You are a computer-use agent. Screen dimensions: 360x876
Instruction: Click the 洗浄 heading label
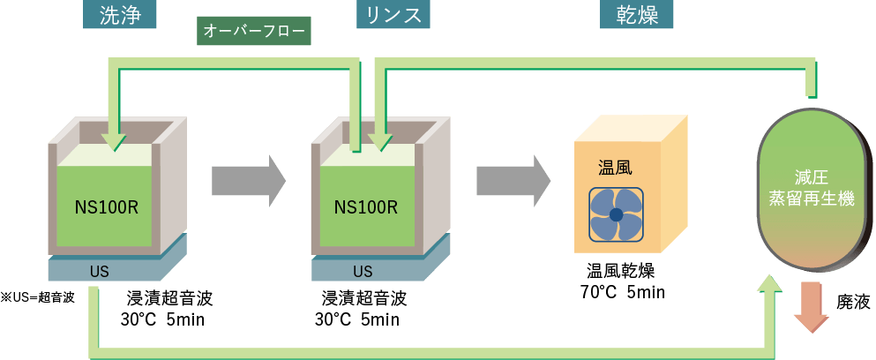pyautogui.click(x=121, y=15)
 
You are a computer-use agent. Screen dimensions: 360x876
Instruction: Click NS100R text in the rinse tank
pyautogui.click(x=365, y=207)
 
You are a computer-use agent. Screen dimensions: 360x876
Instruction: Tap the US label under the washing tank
pyautogui.click(x=99, y=271)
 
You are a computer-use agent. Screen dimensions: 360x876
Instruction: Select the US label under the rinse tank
pyautogui.click(x=363, y=271)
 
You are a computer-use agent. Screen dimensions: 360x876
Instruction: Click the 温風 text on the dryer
pyautogui.click(x=615, y=167)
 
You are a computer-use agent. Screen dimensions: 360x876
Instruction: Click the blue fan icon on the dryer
pyautogui.click(x=616, y=214)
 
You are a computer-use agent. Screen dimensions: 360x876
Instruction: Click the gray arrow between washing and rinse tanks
pyautogui.click(x=248, y=180)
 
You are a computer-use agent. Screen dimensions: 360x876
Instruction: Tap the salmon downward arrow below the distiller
pyautogui.click(x=811, y=309)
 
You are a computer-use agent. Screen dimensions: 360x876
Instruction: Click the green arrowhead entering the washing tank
pyautogui.click(x=114, y=141)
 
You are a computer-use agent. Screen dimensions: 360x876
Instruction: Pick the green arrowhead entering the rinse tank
pyautogui.click(x=380, y=141)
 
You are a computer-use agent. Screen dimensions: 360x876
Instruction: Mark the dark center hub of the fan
pyautogui.click(x=616, y=214)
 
